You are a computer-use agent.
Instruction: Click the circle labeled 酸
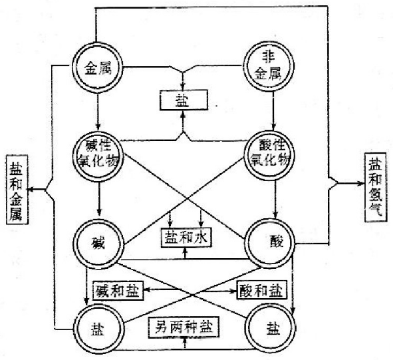point(274,241)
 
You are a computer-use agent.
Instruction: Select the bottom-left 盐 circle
point(98,327)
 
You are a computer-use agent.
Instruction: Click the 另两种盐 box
point(184,328)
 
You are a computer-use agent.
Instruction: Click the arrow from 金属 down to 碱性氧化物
point(98,110)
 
